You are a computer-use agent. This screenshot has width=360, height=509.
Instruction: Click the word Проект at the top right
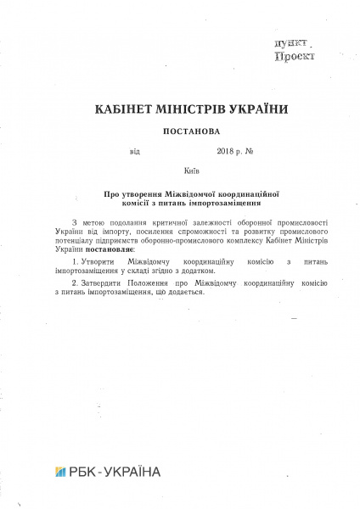[295, 55]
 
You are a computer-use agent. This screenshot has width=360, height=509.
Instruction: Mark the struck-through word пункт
[293, 42]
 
